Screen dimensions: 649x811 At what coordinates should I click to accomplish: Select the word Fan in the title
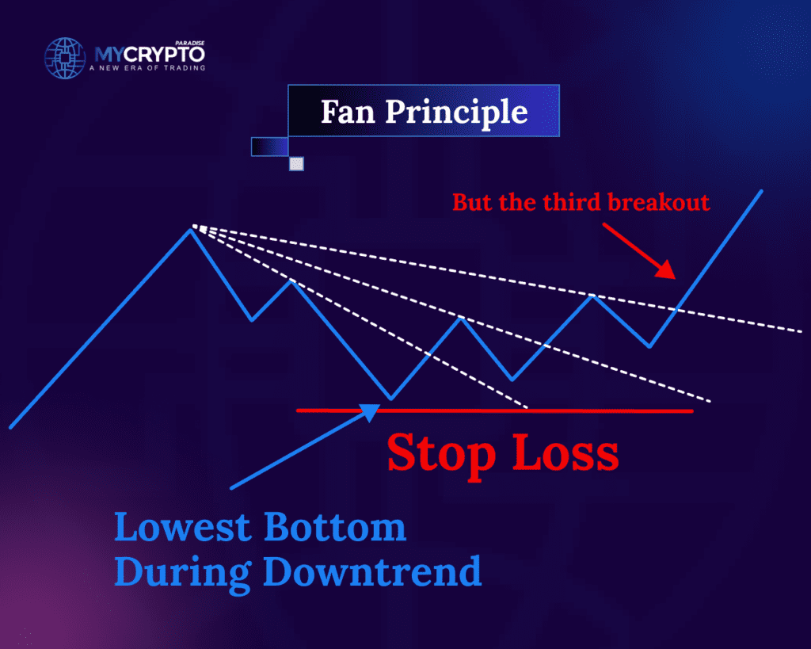pyautogui.click(x=348, y=112)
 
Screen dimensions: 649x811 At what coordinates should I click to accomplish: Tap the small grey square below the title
pyautogui.click(x=296, y=164)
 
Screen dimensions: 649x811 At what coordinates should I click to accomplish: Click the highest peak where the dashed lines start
pyautogui.click(x=191, y=228)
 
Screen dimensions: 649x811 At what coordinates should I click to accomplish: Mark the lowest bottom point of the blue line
pyautogui.click(x=390, y=398)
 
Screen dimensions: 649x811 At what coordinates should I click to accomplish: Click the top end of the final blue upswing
pyautogui.click(x=762, y=191)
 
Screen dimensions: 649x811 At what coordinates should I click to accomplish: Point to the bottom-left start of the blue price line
pyautogui.click(x=11, y=426)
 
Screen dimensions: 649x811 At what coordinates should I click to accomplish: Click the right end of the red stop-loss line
pyautogui.click(x=691, y=411)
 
